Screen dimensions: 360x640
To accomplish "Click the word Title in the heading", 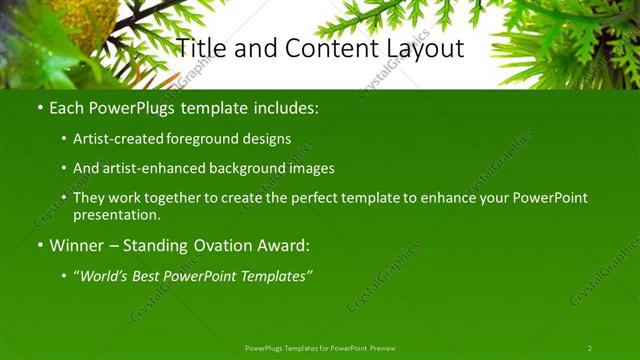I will coord(200,48).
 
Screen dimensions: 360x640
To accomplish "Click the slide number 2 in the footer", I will coord(590,348).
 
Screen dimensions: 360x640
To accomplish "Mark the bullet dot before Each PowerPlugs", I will coord(39,106).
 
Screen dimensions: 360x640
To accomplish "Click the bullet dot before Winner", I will coord(39,245).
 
